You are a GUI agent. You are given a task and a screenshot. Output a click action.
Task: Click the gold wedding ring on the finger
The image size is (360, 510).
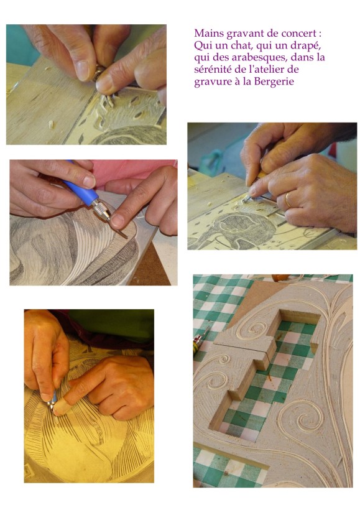(288, 200)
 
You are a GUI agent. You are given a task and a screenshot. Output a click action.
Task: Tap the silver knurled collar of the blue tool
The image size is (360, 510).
(102, 209)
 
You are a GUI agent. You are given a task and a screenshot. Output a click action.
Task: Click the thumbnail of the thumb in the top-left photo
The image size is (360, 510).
(83, 70)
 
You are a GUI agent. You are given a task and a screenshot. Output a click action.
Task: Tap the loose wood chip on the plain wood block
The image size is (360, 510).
(51, 124)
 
